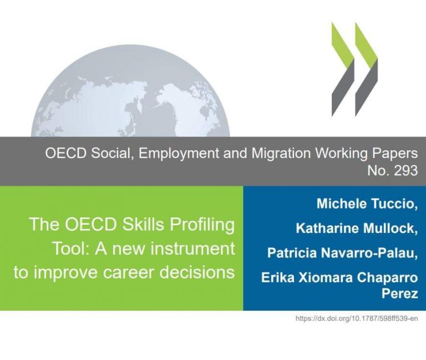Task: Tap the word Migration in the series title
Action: point(281,153)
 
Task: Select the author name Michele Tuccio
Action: point(367,204)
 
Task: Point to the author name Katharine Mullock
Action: point(357,228)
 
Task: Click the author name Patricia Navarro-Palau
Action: point(342,253)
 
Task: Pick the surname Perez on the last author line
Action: point(399,293)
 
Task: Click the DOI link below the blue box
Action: point(357,318)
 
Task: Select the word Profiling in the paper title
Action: point(201,225)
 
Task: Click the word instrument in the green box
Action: point(192,249)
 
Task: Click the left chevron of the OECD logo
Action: point(343,69)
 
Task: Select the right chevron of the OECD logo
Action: point(366,69)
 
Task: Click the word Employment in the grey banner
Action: point(179,154)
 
